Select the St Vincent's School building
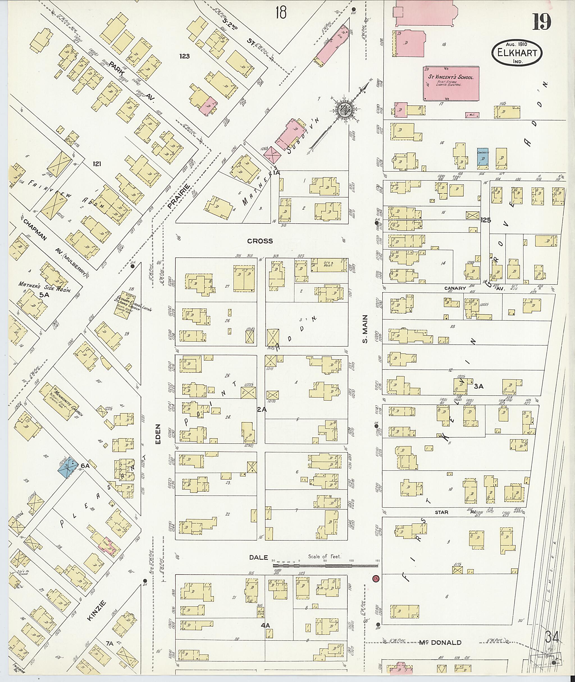451,83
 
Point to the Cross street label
260,241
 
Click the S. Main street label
365,329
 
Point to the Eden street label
158,434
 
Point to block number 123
184,56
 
